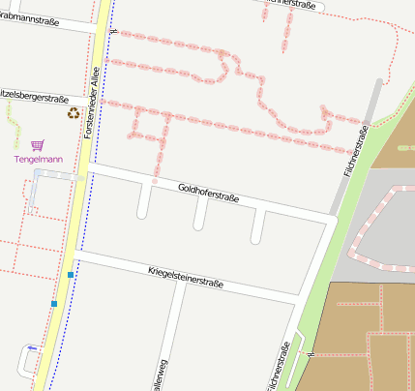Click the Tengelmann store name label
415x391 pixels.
click(38, 159)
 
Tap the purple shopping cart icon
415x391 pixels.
click(37, 144)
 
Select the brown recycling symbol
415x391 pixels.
click(74, 113)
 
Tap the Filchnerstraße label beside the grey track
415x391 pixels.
click(355, 151)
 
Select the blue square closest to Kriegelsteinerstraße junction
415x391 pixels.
click(71, 275)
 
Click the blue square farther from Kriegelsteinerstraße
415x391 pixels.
click(54, 305)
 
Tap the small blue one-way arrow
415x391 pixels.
click(33, 347)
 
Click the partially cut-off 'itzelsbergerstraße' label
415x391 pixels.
click(35, 98)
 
